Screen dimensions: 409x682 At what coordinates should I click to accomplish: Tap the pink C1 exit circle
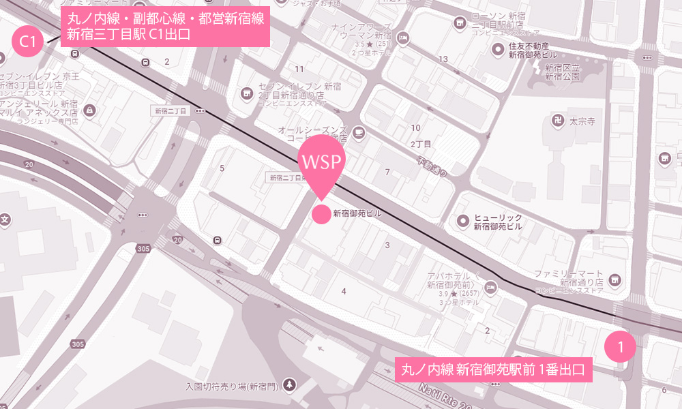28,42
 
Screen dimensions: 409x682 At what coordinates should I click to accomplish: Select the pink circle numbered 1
620,347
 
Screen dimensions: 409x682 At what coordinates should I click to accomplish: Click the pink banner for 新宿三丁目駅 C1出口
166,27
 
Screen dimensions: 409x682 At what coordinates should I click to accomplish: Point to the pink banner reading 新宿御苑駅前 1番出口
493,371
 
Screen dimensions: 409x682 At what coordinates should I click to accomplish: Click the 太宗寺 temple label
582,121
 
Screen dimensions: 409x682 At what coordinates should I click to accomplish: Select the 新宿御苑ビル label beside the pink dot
357,214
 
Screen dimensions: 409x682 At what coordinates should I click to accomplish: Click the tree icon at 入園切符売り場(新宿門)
291,384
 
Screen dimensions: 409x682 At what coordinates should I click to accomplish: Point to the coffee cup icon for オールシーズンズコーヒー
359,132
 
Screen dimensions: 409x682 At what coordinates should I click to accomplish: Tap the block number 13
443,59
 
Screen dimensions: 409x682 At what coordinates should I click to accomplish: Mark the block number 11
299,69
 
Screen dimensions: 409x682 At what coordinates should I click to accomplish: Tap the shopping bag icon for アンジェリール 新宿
90,109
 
